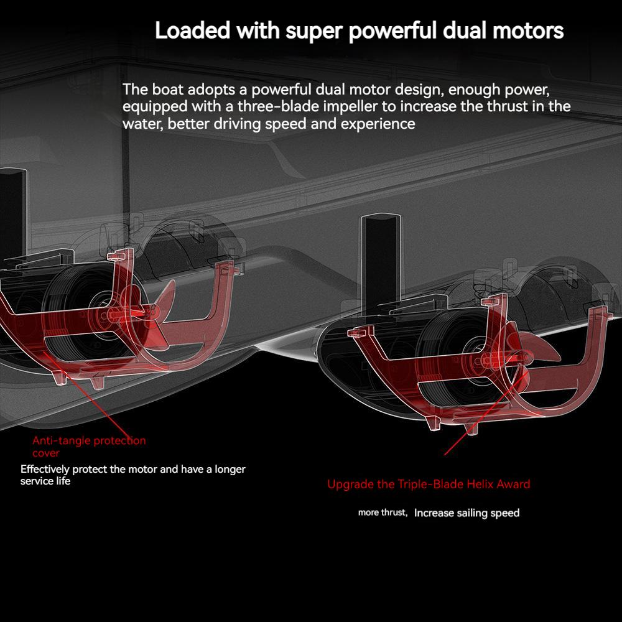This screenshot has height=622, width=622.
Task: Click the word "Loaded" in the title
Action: (192, 30)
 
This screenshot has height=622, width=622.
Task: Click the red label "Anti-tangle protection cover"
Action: (89, 446)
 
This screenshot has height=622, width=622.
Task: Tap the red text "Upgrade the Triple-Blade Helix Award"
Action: (429, 485)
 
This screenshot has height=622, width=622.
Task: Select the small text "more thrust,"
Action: (383, 513)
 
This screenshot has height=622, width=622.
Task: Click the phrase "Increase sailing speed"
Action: (466, 513)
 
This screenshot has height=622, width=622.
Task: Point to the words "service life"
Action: (45, 481)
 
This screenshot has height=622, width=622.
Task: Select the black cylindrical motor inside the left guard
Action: (80, 312)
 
